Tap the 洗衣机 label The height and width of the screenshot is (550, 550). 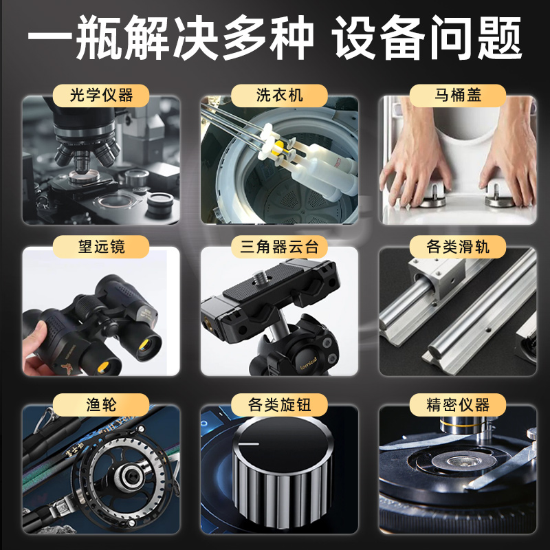[x=279, y=94]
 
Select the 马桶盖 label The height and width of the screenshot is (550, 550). [x=458, y=94]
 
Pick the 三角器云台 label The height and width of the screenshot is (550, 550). [x=279, y=245]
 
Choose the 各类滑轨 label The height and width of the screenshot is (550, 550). [x=458, y=245]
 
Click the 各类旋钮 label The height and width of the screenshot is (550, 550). [x=279, y=404]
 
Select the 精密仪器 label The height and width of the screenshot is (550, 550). [x=458, y=404]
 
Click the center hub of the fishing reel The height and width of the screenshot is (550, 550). [x=126, y=474]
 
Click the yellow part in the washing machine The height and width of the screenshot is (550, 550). [x=278, y=147]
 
